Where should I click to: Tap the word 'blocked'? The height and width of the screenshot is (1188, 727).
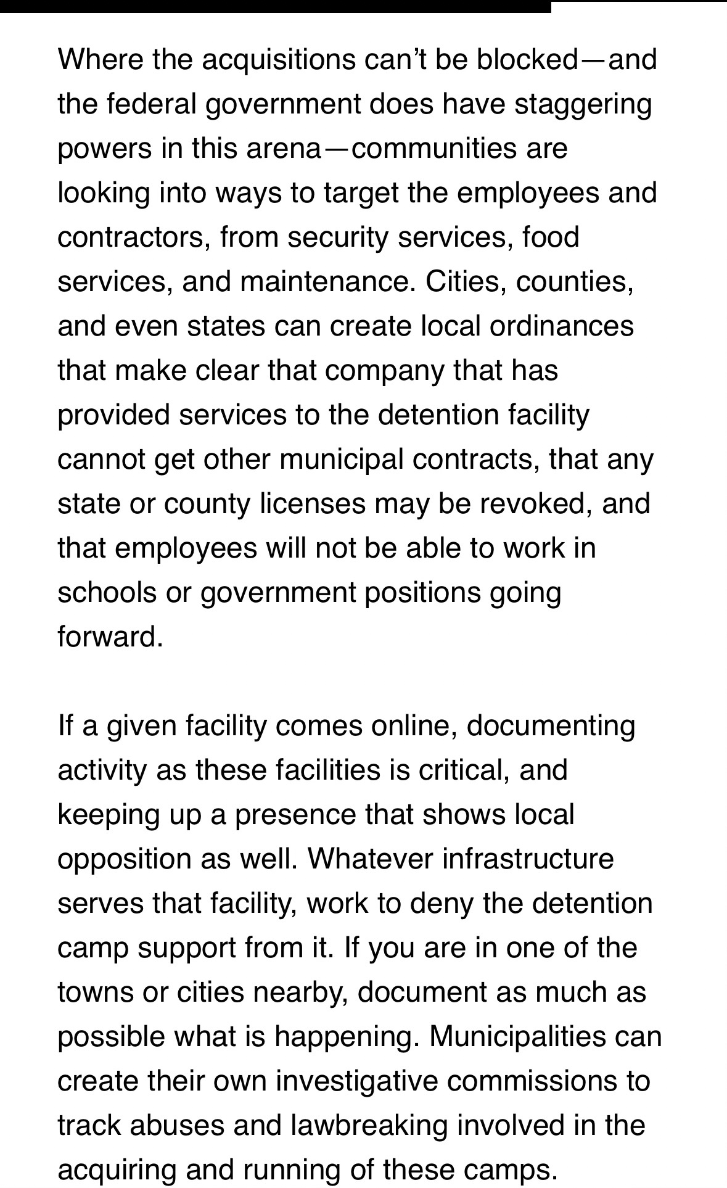click(x=527, y=60)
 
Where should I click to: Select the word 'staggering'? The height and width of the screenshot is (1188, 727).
click(x=583, y=104)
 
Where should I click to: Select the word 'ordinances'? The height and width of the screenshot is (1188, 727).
click(x=562, y=326)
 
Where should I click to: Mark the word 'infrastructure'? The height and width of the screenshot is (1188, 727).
click(x=528, y=859)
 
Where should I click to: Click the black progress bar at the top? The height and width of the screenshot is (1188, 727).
click(x=275, y=6)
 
